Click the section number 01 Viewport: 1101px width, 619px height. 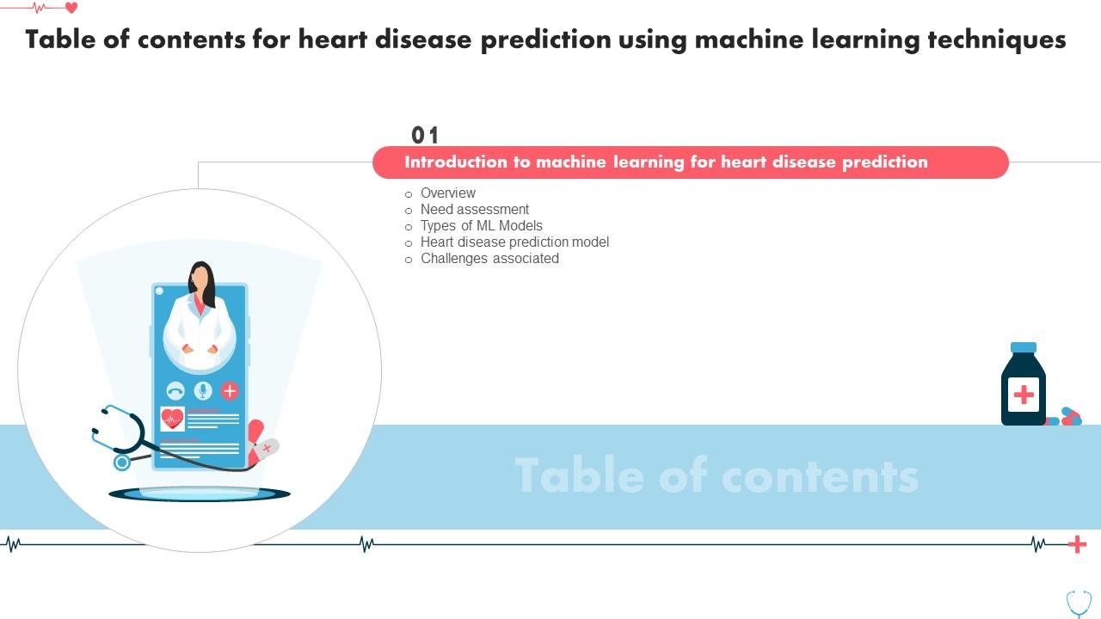[425, 135]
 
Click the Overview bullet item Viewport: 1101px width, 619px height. [447, 193]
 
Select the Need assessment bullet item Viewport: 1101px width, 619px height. [474, 210]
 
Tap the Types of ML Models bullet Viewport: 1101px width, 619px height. [481, 226]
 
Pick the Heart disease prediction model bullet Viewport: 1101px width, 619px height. [514, 242]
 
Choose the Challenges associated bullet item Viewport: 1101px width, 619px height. [489, 259]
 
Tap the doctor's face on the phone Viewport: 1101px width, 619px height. [200, 279]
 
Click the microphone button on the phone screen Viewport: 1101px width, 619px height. [203, 391]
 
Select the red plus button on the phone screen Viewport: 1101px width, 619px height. [230, 391]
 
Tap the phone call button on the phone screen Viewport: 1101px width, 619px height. [175, 391]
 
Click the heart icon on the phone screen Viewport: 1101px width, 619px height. [173, 419]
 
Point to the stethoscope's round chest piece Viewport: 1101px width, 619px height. [122, 463]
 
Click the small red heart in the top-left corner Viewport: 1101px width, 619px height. [71, 8]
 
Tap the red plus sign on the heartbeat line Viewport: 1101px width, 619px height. [1077, 544]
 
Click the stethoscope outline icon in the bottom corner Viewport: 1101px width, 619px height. [1079, 602]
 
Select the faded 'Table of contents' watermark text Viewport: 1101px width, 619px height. [717, 475]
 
